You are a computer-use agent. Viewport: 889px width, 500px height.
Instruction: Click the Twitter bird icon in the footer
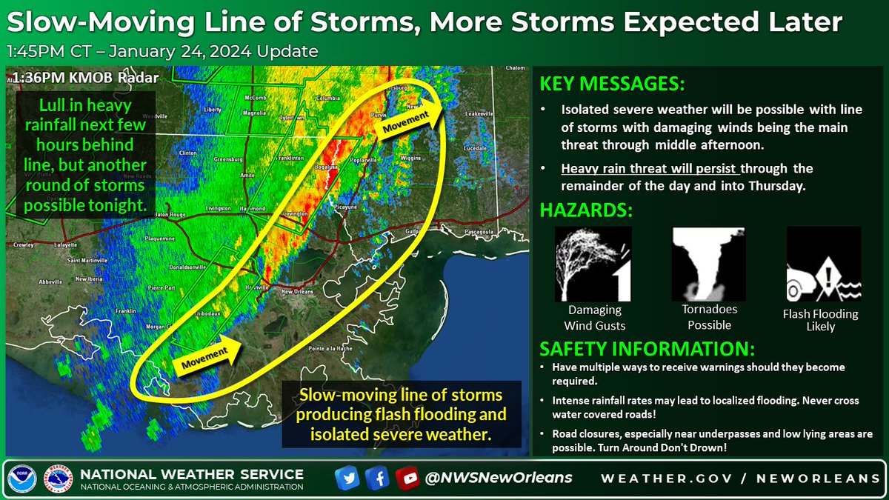(x=346, y=478)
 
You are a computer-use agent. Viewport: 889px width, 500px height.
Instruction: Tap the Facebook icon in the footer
(x=376, y=478)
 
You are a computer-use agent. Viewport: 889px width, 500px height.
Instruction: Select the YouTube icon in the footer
(x=406, y=478)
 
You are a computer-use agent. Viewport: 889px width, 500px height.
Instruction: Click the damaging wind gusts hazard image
(x=593, y=262)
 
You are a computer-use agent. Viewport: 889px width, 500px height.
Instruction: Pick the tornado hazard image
(x=707, y=262)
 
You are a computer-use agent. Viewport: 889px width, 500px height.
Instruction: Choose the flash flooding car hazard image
(x=823, y=262)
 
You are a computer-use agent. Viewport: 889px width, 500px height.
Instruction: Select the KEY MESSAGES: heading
(x=611, y=81)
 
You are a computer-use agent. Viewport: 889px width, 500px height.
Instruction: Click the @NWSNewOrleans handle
(x=499, y=478)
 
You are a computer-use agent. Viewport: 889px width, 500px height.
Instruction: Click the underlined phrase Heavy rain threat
(x=606, y=168)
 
